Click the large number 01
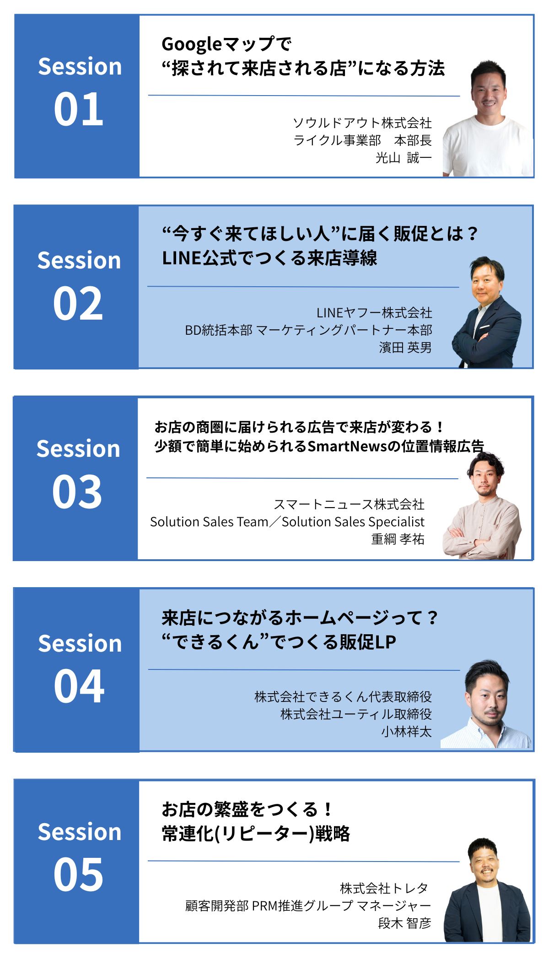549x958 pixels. click(79, 109)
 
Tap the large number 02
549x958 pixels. click(78, 303)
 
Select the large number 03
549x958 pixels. click(77, 492)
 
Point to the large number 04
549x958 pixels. click(79, 686)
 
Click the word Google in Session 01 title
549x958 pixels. click(192, 45)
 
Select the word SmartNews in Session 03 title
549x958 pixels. click(347, 446)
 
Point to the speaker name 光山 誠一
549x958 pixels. click(404, 158)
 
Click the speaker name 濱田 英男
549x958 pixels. click(405, 348)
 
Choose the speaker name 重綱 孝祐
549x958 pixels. click(398, 539)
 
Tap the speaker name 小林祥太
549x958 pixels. click(407, 731)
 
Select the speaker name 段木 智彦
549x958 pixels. click(404, 923)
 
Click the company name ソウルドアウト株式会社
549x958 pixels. click(362, 123)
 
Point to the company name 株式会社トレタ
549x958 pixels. click(384, 888)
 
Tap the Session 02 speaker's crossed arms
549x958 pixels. click(476, 341)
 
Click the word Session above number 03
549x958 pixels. click(78, 449)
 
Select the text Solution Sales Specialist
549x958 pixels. click(353, 522)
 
